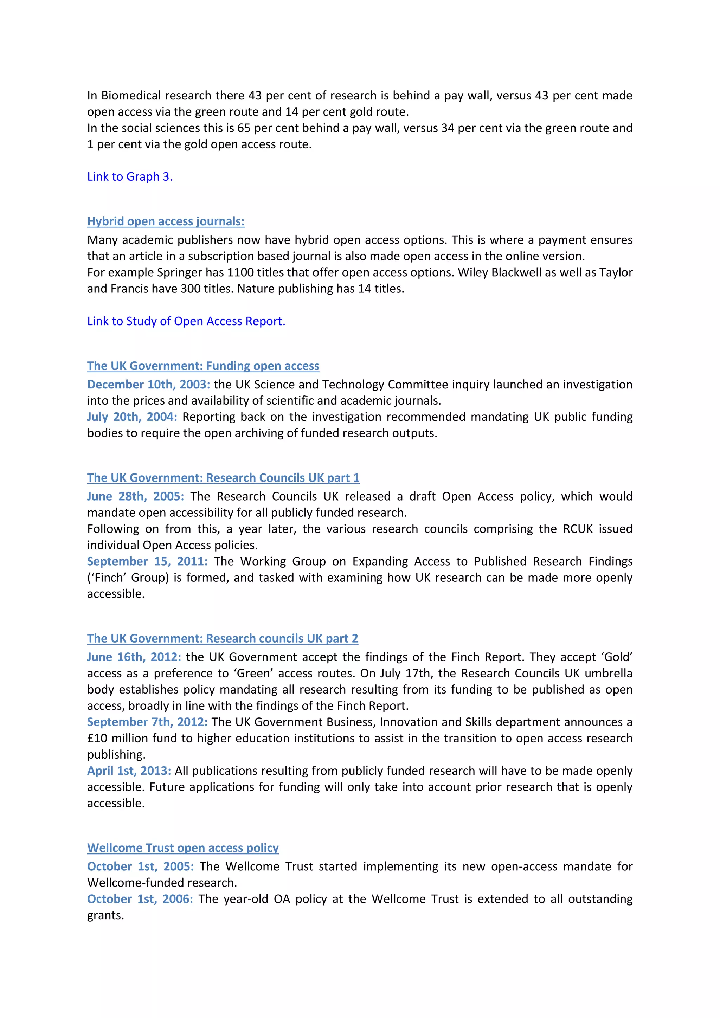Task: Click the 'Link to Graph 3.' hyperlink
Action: tap(129, 176)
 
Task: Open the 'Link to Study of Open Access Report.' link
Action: tap(186, 321)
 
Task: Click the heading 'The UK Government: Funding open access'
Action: tap(203, 366)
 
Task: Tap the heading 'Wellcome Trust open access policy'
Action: tap(183, 848)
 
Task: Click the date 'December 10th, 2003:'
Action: tap(148, 385)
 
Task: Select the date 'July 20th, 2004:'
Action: tap(132, 417)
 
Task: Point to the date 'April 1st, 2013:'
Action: tap(129, 771)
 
